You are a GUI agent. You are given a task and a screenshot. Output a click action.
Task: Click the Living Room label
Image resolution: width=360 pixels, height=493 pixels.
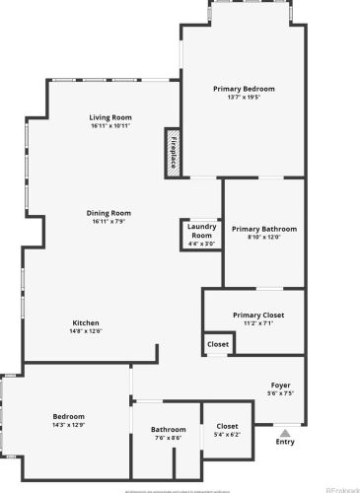(x=109, y=117)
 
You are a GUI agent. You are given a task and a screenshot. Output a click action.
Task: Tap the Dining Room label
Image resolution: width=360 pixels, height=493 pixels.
(x=109, y=213)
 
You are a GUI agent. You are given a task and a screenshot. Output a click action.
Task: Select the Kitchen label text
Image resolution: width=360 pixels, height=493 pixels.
(x=86, y=322)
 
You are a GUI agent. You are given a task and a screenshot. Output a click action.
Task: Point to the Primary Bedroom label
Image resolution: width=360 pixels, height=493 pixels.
(x=244, y=89)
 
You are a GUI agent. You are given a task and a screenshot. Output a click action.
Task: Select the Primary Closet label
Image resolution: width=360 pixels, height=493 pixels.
(x=258, y=316)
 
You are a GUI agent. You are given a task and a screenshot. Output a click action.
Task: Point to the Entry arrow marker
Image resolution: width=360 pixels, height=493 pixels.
(x=284, y=431)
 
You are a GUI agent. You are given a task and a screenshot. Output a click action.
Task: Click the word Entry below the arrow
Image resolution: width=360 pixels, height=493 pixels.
(x=284, y=442)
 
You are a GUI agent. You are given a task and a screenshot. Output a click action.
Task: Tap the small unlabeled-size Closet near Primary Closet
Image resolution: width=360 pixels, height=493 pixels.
(x=218, y=344)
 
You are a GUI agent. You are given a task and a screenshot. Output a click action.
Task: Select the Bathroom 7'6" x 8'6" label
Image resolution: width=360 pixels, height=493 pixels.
(x=168, y=430)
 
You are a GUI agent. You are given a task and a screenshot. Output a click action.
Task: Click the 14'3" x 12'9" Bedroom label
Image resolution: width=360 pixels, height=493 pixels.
(x=68, y=417)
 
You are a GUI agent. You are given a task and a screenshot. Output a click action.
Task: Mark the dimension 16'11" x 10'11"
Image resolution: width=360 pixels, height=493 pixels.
(x=109, y=126)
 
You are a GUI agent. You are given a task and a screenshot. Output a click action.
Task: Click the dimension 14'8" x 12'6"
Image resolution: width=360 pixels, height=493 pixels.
(x=86, y=331)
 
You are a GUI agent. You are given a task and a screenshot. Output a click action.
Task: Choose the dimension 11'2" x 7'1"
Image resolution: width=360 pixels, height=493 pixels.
(x=258, y=323)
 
